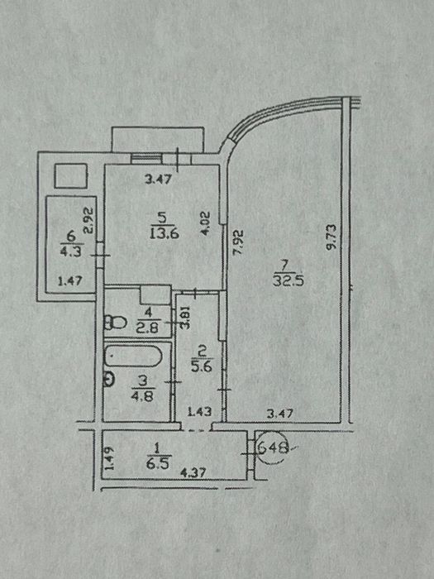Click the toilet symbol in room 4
point(116,323)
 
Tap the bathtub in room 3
point(134,356)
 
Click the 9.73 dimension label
point(331,237)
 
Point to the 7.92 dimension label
point(238,242)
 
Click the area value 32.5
point(289,281)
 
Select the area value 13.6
point(165,233)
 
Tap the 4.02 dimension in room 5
point(206,223)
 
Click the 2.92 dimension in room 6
point(89,221)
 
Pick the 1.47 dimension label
point(69,281)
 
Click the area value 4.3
point(71,251)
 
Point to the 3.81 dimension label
point(186,318)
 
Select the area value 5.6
point(202,366)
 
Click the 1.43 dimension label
point(200,411)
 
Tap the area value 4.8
point(143,396)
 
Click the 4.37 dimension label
point(193,472)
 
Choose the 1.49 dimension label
point(110,458)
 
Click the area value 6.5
point(159,463)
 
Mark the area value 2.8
point(148,328)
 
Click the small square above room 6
point(71,175)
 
